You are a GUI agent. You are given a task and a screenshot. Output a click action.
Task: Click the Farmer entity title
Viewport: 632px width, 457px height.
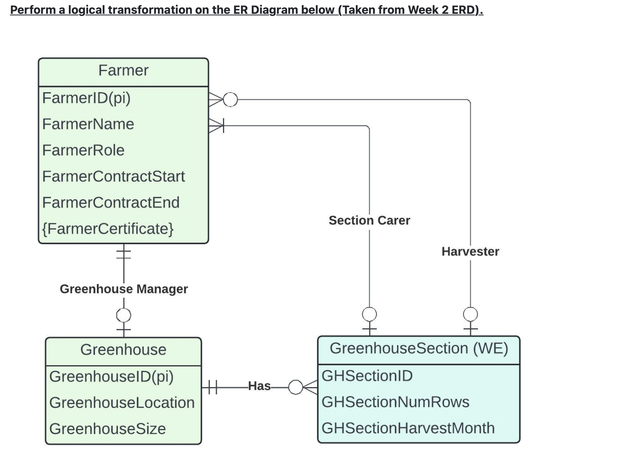pyautogui.click(x=123, y=71)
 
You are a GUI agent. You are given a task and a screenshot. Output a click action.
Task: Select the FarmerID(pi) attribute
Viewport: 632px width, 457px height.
pyautogui.click(x=86, y=98)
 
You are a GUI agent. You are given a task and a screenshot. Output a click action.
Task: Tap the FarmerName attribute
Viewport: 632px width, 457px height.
pyautogui.click(x=88, y=124)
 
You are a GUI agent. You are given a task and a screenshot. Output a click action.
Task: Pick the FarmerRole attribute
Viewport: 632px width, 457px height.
pyautogui.click(x=83, y=150)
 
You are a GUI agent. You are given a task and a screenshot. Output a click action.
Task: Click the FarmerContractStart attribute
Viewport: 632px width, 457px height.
pyautogui.click(x=113, y=176)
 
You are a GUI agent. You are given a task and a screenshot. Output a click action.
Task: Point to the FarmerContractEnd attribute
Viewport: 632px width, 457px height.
pyautogui.click(x=111, y=202)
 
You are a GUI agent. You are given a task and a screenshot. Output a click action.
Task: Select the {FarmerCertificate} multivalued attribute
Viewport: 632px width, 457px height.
pyautogui.click(x=108, y=228)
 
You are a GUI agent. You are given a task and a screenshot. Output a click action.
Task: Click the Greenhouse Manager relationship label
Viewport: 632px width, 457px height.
pyautogui.click(x=124, y=289)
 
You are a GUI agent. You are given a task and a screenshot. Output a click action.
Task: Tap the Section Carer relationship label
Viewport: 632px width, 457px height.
pyautogui.click(x=369, y=220)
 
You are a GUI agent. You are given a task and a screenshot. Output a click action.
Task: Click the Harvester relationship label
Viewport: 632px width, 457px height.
pyautogui.click(x=470, y=252)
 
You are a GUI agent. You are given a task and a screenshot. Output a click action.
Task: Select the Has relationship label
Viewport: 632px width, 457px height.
pyautogui.click(x=259, y=386)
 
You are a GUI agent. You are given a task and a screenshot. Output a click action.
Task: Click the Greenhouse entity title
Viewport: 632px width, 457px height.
pyautogui.click(x=123, y=350)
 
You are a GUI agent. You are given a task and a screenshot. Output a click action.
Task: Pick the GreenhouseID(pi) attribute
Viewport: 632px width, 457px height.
pyautogui.click(x=111, y=376)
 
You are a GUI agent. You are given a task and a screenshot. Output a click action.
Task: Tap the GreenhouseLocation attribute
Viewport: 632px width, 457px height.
pyautogui.click(x=122, y=402)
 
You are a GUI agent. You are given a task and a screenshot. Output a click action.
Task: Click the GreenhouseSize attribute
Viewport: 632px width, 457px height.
pyautogui.click(x=108, y=429)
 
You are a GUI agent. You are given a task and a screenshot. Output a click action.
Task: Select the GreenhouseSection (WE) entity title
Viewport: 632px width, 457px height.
pyautogui.click(x=419, y=348)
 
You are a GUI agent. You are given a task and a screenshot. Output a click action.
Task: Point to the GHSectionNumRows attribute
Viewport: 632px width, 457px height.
pyautogui.click(x=395, y=402)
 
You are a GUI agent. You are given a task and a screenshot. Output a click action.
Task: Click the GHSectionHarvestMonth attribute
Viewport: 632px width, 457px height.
pyautogui.click(x=408, y=428)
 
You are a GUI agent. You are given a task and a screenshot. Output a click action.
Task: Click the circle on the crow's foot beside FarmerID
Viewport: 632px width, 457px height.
pyautogui.click(x=230, y=100)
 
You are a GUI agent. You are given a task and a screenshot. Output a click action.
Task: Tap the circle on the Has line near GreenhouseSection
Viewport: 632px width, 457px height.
pyautogui.click(x=295, y=387)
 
